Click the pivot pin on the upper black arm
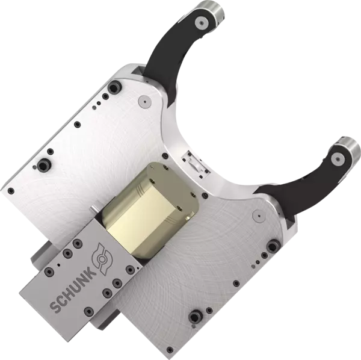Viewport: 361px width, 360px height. click(202, 23)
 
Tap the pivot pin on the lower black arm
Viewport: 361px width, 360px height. click(338, 160)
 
